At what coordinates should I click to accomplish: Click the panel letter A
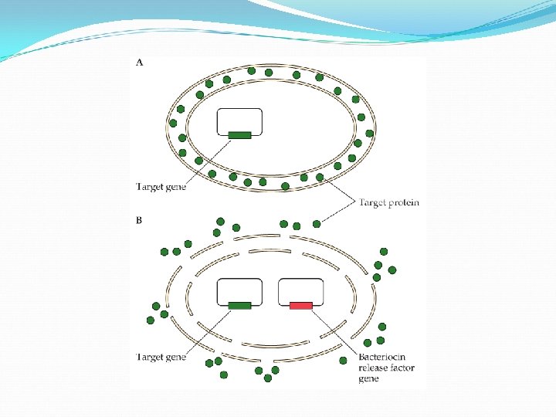pyautogui.click(x=139, y=63)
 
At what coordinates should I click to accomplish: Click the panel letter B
pyautogui.click(x=139, y=220)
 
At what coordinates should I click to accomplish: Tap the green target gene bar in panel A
pyautogui.click(x=239, y=135)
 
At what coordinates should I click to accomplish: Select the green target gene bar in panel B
pyautogui.click(x=239, y=306)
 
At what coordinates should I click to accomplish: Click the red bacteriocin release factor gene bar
pyautogui.click(x=301, y=306)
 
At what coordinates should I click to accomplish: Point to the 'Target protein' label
pyautogui.click(x=389, y=203)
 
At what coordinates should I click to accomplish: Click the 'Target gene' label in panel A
pyautogui.click(x=161, y=186)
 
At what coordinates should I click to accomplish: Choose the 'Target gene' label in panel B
pyautogui.click(x=161, y=358)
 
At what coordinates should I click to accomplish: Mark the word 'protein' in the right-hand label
pyautogui.click(x=404, y=203)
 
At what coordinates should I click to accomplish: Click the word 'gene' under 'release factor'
pyautogui.click(x=368, y=378)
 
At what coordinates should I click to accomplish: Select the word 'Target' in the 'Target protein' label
pyautogui.click(x=373, y=203)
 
